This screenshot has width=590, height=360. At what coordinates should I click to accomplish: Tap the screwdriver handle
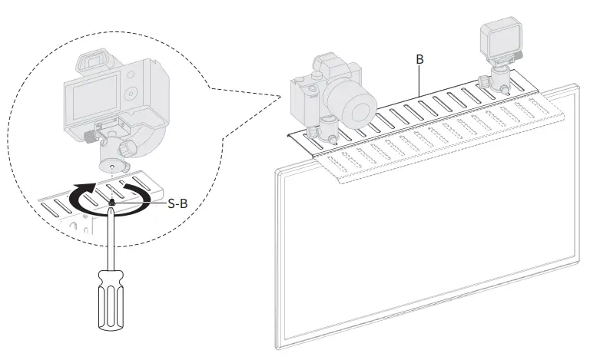(108, 295)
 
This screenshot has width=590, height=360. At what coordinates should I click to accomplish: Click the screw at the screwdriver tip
(113, 203)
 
